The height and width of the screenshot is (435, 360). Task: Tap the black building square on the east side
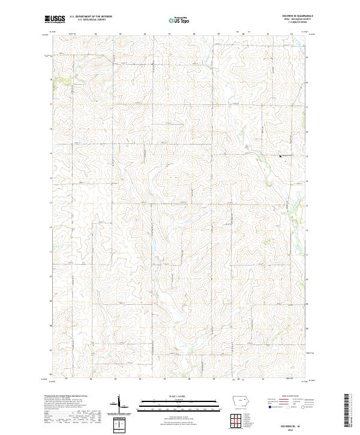(x=280, y=156)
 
